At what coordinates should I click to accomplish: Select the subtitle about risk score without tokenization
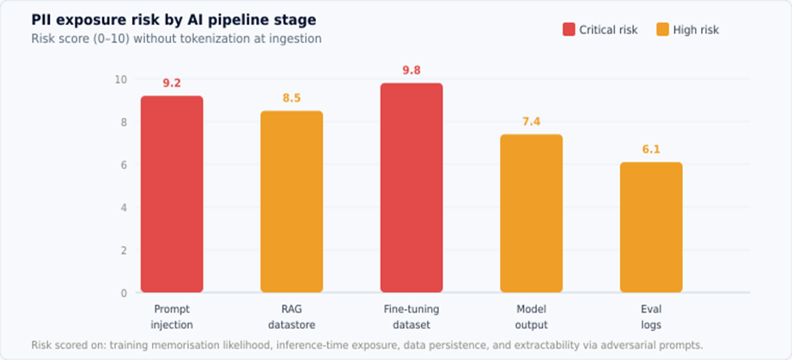click(176, 39)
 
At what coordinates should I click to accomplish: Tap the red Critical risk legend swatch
click(569, 29)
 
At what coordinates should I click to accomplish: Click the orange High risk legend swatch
click(662, 29)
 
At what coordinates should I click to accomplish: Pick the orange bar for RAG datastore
click(292, 202)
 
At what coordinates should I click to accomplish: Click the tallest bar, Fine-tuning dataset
click(411, 188)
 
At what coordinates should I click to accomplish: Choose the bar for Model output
click(532, 214)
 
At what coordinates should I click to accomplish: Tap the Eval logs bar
click(651, 228)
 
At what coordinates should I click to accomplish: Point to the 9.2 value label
click(172, 83)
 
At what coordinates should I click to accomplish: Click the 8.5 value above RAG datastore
click(292, 98)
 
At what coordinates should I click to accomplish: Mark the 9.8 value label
click(411, 70)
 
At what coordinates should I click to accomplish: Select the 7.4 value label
click(532, 121)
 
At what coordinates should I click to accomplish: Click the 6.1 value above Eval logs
click(651, 149)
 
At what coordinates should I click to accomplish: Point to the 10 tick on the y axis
click(121, 79)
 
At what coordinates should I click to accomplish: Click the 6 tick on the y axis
click(124, 165)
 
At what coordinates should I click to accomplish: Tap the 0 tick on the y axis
click(124, 293)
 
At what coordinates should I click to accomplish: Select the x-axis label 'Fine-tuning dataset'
click(411, 316)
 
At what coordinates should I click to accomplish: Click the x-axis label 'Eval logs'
click(651, 316)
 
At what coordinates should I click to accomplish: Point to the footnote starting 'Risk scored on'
click(367, 345)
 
